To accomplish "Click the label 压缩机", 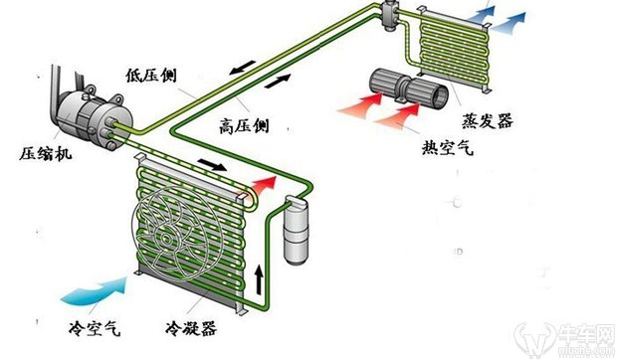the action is coord(46,153).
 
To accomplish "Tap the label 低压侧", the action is coord(151,75).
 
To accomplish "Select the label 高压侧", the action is coord(244,125).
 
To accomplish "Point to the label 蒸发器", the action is coord(488,120).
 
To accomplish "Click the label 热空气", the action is coord(448,148).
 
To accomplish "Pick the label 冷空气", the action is coord(95,328).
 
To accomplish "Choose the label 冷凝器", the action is coord(192,328).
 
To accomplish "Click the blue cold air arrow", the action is coord(95,290).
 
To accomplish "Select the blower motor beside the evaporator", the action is coord(408,88).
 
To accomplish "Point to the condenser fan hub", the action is coord(165,238).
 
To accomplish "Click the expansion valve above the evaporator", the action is coord(389,14).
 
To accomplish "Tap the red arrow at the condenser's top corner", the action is coord(264,184).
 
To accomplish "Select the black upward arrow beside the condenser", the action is coord(259,279).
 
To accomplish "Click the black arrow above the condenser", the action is coord(212,165).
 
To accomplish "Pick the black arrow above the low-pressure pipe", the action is coord(243,68).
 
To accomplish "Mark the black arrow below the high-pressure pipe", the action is coord(279,81).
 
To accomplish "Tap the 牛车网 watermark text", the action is coord(586,335).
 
